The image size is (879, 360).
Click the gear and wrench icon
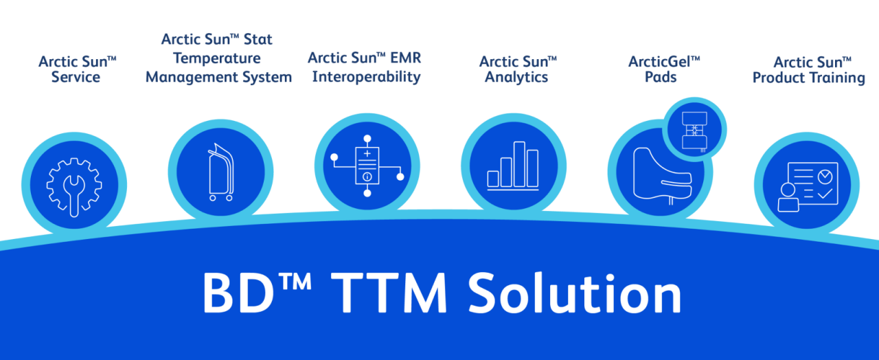[74, 188]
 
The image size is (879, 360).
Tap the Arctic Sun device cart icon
[221, 172]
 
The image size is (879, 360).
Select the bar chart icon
[513, 166]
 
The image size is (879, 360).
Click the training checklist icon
[808, 187]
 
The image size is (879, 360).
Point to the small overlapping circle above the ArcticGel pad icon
[694, 129]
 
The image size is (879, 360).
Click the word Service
[76, 77]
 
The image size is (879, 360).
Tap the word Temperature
[217, 58]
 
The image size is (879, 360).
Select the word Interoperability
[366, 77]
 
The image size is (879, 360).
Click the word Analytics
[516, 78]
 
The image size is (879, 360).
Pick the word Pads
[661, 77]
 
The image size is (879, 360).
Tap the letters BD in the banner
[238, 293]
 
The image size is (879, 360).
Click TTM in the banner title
[389, 293]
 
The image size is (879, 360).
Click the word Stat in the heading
[258, 39]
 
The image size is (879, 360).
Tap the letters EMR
[406, 58]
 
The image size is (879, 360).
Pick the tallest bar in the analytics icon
[519, 164]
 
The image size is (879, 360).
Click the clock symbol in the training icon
[825, 177]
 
